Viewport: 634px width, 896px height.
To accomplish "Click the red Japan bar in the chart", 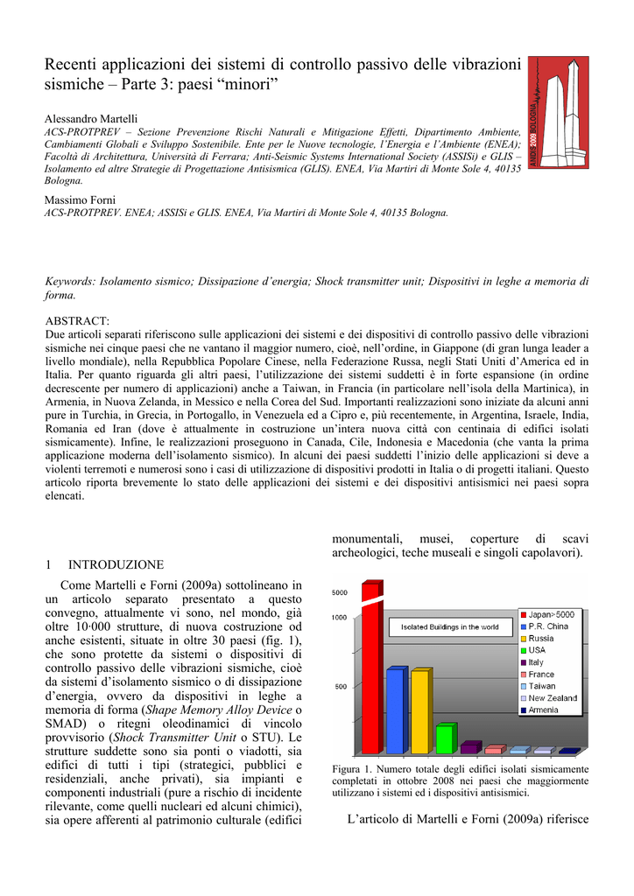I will (x=371, y=674).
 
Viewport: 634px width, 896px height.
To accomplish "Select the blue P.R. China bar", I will (x=396, y=710).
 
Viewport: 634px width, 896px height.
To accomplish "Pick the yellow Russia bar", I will (x=420, y=711).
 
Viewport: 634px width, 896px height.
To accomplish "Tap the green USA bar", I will (x=446, y=738).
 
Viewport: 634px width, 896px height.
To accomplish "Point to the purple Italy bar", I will (x=470, y=747).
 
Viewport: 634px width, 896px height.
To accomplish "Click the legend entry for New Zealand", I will (x=553, y=698).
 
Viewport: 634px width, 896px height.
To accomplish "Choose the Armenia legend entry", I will (x=548, y=710).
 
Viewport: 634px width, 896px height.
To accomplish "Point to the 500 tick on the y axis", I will (x=340, y=686).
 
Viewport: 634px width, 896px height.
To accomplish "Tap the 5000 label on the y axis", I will (x=339, y=592).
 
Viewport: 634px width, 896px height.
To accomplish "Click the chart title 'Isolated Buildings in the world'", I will (x=449, y=627).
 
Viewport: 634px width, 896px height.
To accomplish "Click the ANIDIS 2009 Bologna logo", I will (x=558, y=113).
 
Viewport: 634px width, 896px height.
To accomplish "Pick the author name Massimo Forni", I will (x=80, y=200).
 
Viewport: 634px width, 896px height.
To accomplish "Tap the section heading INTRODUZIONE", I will (x=116, y=564).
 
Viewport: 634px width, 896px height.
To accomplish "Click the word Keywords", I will (x=70, y=281).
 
